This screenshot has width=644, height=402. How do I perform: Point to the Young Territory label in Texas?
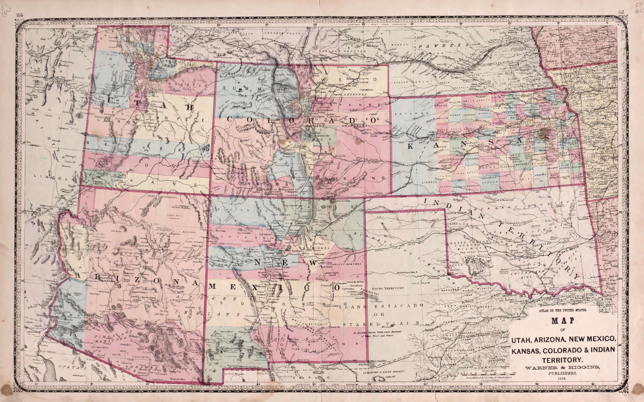pos(388,288)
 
